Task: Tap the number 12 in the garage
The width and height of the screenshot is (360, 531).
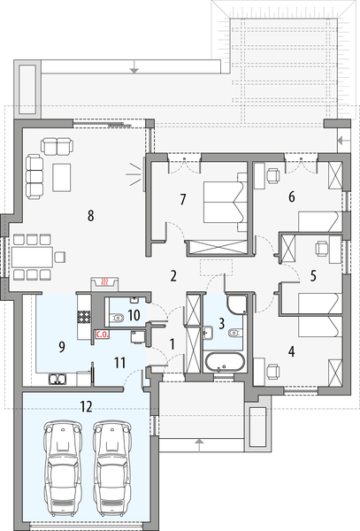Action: (86, 407)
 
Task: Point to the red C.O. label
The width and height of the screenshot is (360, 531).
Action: (101, 335)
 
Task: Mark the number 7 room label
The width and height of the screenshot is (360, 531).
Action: (182, 199)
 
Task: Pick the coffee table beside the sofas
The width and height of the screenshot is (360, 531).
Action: (64, 176)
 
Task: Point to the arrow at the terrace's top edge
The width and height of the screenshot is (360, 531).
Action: (132, 65)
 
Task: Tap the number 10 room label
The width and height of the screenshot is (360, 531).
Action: (134, 314)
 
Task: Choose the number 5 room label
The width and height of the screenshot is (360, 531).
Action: (314, 275)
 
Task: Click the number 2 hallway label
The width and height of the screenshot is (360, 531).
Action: (174, 274)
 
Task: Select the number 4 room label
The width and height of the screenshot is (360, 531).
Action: (292, 351)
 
